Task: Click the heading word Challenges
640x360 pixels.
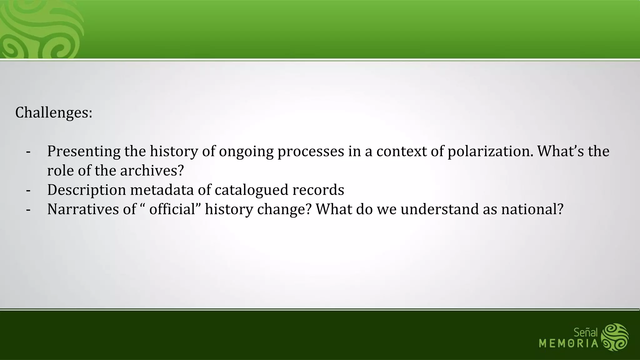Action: click(53, 112)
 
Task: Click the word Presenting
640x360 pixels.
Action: click(83, 151)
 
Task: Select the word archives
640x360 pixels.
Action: click(152, 171)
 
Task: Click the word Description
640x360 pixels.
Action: click(86, 190)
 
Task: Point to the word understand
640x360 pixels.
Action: click(439, 209)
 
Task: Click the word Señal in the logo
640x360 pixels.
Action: click(585, 332)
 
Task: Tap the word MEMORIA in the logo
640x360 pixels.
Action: click(568, 344)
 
